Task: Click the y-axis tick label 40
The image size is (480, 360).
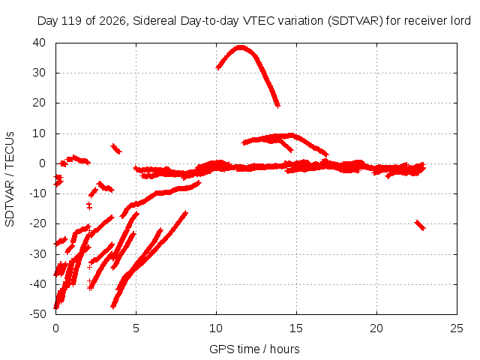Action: tap(39, 43)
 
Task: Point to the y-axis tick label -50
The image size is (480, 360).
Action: tap(38, 314)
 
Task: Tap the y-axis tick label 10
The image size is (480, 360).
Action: tap(39, 133)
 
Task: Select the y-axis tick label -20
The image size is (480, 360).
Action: tap(38, 223)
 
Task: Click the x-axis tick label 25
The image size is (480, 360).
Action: tap(457, 328)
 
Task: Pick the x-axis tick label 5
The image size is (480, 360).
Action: tap(136, 328)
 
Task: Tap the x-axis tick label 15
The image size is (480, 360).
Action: tap(296, 328)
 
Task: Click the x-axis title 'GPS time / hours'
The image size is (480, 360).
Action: tap(254, 349)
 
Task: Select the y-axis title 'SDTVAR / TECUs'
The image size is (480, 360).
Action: tap(10, 179)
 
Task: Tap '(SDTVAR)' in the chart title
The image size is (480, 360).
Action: tap(355, 21)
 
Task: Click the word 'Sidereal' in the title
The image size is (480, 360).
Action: tap(154, 21)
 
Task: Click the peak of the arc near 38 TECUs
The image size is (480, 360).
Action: tap(241, 47)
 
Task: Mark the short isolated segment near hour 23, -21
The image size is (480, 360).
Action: tap(420, 225)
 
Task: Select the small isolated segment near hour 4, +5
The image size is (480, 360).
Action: tap(116, 148)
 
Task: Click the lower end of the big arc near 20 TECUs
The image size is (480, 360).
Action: tap(277, 106)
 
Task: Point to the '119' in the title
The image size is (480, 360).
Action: tap(72, 21)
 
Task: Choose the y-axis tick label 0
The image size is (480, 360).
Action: tap(42, 163)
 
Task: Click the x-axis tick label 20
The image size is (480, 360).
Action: tap(376, 328)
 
